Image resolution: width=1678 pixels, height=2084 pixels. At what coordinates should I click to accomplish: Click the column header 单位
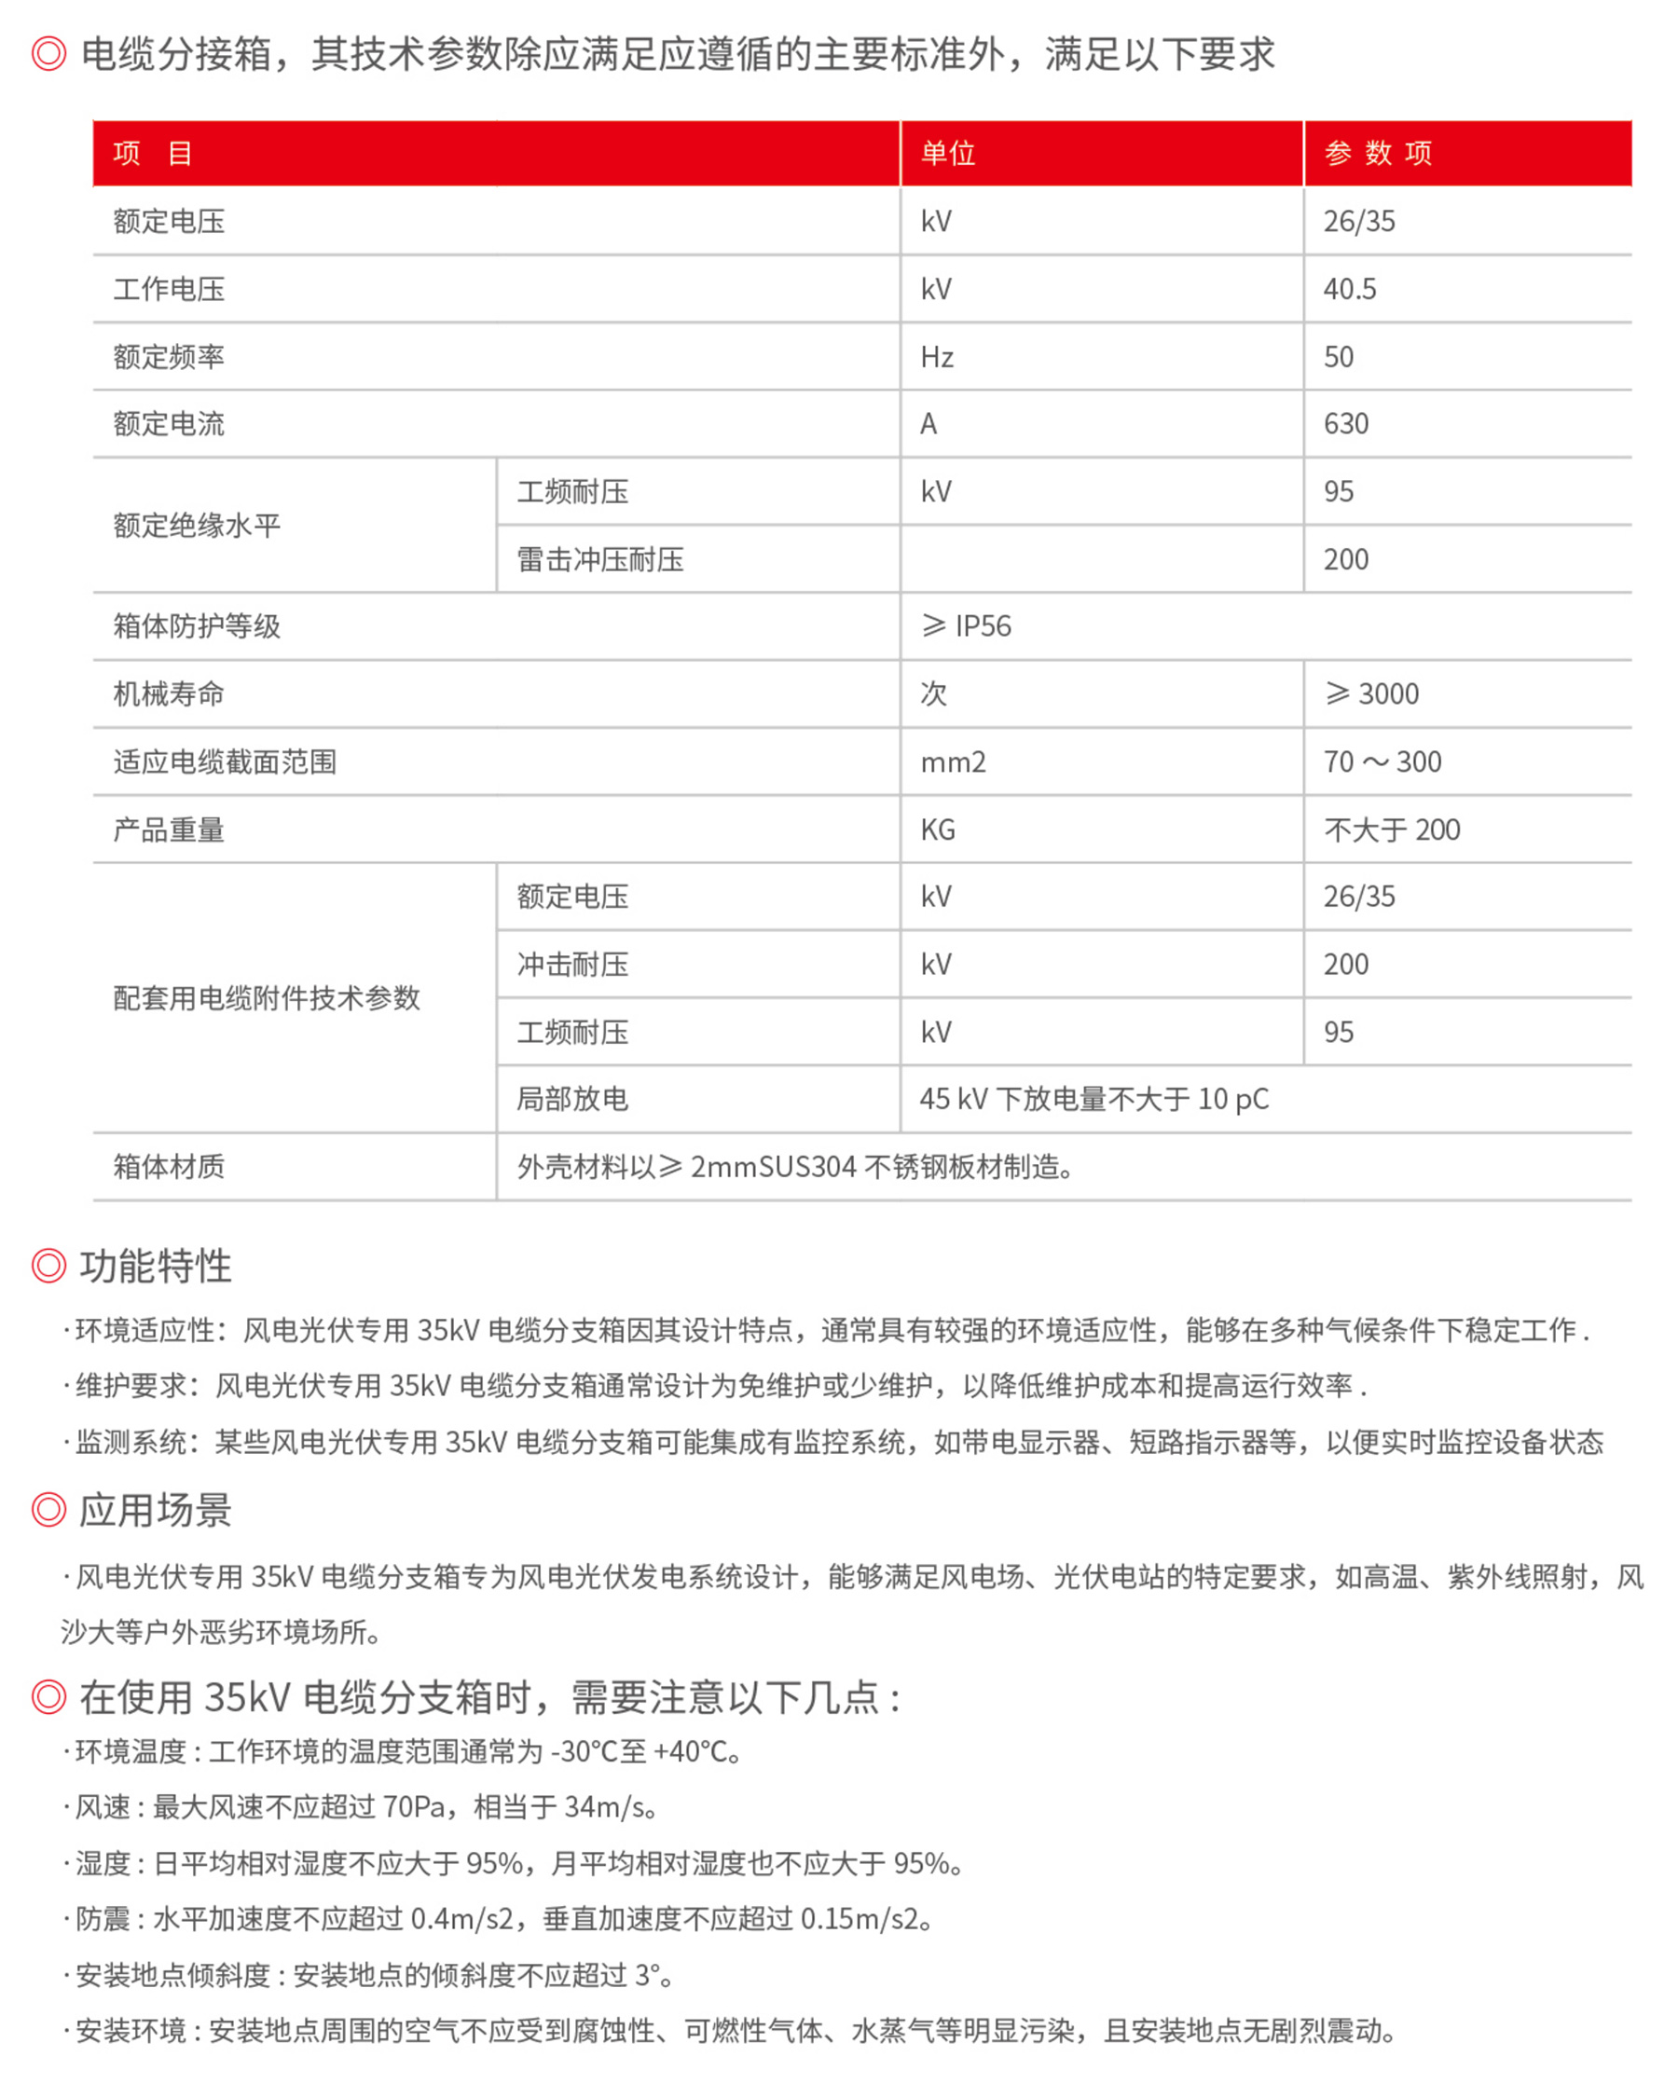coord(947,153)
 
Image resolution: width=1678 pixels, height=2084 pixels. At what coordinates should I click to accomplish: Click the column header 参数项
coord(1378,153)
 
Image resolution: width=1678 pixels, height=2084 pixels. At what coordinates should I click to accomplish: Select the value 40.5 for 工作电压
coord(1349,289)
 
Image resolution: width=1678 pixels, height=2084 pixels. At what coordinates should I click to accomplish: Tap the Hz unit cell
coord(937,357)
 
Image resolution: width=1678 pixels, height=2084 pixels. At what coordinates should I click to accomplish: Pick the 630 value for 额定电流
coord(1345,423)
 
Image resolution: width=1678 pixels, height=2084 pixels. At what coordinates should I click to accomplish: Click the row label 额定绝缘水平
coord(198,525)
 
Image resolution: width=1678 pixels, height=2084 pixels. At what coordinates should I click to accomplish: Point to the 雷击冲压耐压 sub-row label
coord(600,558)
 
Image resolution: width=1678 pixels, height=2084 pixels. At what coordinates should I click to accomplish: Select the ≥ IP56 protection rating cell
coord(967,626)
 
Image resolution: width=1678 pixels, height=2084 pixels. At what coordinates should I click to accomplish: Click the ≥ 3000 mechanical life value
coord(1371,694)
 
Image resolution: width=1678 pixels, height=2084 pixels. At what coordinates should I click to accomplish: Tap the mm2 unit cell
coord(953,761)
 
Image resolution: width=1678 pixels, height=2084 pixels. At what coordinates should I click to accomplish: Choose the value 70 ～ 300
coord(1382,761)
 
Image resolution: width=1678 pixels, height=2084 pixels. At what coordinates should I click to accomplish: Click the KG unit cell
coord(938,829)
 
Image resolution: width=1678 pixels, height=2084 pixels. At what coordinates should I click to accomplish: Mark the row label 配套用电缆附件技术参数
coord(267,997)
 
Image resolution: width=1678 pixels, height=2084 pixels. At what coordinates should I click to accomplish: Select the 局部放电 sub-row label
coord(572,1099)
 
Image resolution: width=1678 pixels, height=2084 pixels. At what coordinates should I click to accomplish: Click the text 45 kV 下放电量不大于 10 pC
coord(1094,1099)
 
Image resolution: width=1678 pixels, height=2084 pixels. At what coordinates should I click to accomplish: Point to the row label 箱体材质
coord(169,1167)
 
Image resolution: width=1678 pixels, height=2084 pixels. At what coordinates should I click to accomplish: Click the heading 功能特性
coord(156,1267)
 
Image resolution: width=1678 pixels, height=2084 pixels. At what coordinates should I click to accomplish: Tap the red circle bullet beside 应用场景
coord(48,1510)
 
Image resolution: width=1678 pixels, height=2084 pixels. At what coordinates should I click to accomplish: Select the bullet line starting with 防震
coord(502,1919)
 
